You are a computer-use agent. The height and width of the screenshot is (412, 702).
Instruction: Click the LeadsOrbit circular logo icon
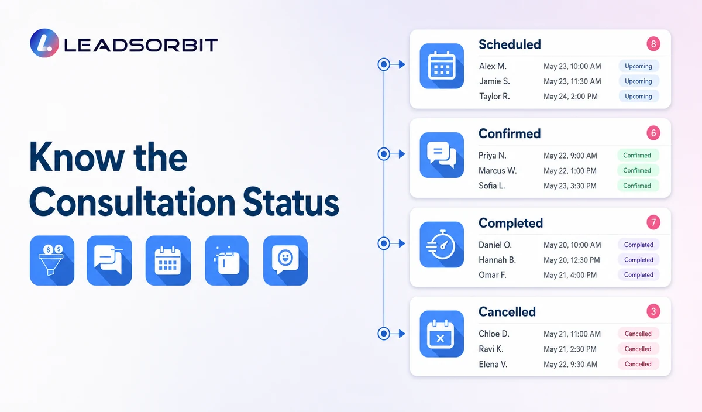click(44, 43)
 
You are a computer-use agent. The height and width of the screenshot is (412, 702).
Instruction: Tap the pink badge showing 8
click(653, 44)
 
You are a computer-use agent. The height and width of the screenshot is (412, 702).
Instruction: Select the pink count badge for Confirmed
click(653, 133)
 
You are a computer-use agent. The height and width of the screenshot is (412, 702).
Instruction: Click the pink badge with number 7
click(653, 222)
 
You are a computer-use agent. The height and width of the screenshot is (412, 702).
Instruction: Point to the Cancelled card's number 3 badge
click(653, 311)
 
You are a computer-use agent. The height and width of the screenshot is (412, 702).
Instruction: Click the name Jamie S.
click(494, 81)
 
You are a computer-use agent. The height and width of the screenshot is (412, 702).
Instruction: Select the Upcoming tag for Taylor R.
click(638, 96)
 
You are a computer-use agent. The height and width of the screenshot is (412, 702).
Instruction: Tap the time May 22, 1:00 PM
click(570, 170)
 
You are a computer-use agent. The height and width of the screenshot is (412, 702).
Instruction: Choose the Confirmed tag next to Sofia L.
click(637, 186)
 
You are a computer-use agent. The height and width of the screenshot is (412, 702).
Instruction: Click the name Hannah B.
click(497, 260)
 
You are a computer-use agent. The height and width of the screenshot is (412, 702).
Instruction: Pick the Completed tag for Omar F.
click(638, 274)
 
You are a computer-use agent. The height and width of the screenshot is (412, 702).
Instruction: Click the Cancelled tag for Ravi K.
click(638, 349)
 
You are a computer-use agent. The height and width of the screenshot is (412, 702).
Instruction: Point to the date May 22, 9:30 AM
click(570, 364)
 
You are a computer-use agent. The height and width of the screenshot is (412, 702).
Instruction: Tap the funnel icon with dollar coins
click(52, 260)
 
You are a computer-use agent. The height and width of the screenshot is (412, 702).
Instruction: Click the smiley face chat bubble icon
click(285, 260)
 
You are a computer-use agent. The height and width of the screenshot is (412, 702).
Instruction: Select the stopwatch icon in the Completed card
click(442, 245)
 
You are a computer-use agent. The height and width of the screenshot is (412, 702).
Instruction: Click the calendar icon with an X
click(442, 334)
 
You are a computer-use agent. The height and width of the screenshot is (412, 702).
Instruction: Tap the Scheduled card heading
click(510, 44)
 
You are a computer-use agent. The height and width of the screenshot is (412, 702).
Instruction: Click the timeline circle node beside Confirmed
click(384, 154)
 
